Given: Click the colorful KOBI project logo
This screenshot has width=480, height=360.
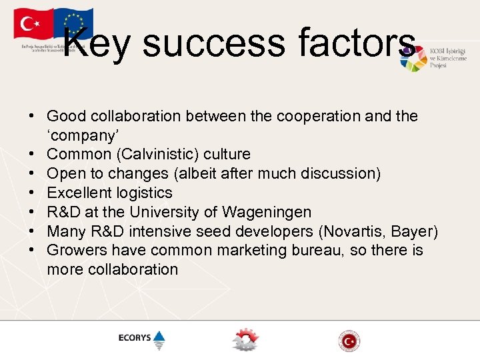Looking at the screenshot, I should pos(413,59).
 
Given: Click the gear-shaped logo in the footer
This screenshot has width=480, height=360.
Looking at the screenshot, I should pos(245,339).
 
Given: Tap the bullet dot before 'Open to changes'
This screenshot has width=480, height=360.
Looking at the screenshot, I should pos(31,174).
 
